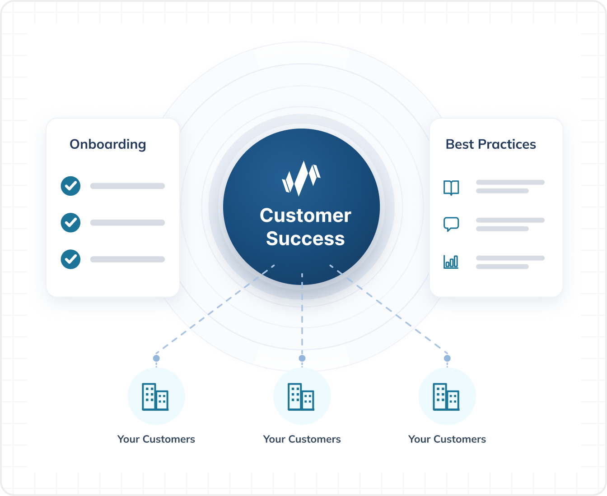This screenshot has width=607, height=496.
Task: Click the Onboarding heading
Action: click(108, 144)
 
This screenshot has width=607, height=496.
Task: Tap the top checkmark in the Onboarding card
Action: click(70, 186)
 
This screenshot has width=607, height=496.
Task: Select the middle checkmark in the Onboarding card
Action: click(70, 223)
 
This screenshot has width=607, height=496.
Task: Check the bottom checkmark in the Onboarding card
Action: click(70, 259)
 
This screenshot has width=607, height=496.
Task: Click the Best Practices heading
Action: click(491, 144)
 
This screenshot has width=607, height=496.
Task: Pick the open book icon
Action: click(451, 188)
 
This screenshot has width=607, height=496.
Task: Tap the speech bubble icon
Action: click(451, 224)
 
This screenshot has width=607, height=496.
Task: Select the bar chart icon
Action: click(451, 262)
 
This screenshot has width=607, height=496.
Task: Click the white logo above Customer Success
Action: click(301, 179)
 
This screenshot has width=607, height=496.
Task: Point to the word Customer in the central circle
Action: click(305, 215)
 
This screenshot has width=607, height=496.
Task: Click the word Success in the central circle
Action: click(305, 239)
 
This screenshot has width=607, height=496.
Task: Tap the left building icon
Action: click(155, 397)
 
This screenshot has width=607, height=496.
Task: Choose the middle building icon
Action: click(301, 397)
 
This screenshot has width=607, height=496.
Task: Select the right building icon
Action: click(446, 397)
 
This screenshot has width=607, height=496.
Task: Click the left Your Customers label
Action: click(156, 439)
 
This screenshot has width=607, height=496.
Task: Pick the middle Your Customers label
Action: click(302, 439)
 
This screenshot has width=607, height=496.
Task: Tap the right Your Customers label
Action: click(447, 439)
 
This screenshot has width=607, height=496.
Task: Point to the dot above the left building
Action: click(156, 358)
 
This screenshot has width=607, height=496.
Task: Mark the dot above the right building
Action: click(447, 358)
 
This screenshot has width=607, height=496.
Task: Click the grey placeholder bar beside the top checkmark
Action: click(127, 186)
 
